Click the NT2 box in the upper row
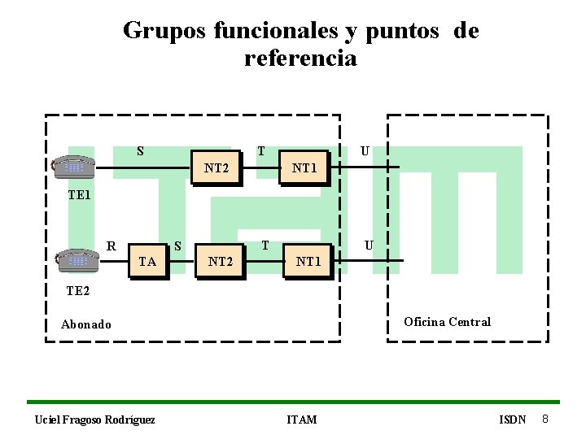point(216,168)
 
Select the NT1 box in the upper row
point(305,168)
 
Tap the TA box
point(147,261)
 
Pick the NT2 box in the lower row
point(221,261)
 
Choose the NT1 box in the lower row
point(308,261)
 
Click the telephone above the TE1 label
point(73,166)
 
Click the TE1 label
point(80,196)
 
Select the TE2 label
point(80,289)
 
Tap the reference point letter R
point(112,244)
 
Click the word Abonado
point(86,324)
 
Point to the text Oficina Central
point(447,321)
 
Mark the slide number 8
point(545,419)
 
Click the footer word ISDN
point(513,419)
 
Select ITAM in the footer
point(302,419)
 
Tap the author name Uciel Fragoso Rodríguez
point(94,419)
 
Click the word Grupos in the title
point(165,31)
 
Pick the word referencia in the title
point(300,59)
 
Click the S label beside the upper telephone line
point(140,150)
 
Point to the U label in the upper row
point(365,150)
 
